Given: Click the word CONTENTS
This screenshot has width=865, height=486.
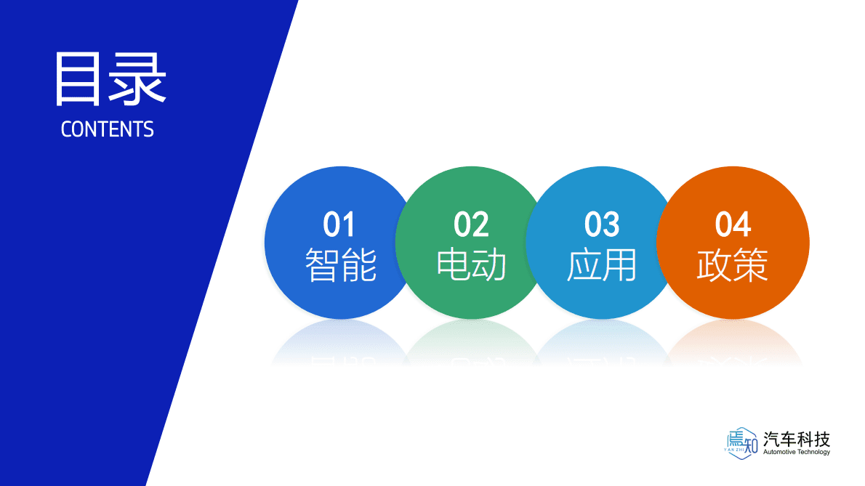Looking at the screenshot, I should pyautogui.click(x=108, y=129).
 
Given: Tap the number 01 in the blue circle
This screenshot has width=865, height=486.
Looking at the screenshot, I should pyautogui.click(x=339, y=225).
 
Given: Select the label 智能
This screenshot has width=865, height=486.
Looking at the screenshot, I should pyautogui.click(x=340, y=265).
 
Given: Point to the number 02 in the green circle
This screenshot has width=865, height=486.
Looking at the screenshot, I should pyautogui.click(x=471, y=225).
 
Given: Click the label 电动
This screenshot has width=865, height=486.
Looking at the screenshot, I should pyautogui.click(x=471, y=265).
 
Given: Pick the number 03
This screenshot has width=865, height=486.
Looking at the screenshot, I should pyautogui.click(x=602, y=225).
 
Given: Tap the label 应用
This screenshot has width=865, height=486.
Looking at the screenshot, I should pyautogui.click(x=602, y=265).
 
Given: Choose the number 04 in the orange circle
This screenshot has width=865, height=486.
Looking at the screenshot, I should pyautogui.click(x=733, y=225).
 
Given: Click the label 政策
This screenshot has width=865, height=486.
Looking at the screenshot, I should pyautogui.click(x=733, y=265).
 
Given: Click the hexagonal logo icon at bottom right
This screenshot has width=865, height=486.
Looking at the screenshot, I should pyautogui.click(x=741, y=441).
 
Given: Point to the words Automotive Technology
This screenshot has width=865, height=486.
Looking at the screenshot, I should pyautogui.click(x=797, y=452).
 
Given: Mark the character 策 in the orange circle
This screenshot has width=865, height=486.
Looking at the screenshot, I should pyautogui.click(x=751, y=265).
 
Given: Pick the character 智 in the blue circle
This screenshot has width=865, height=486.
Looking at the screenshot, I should pyautogui.click(x=322, y=265).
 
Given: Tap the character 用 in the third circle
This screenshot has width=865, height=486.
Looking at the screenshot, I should pyautogui.click(x=620, y=265).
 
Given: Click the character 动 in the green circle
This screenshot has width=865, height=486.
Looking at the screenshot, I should pyautogui.click(x=489, y=265).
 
